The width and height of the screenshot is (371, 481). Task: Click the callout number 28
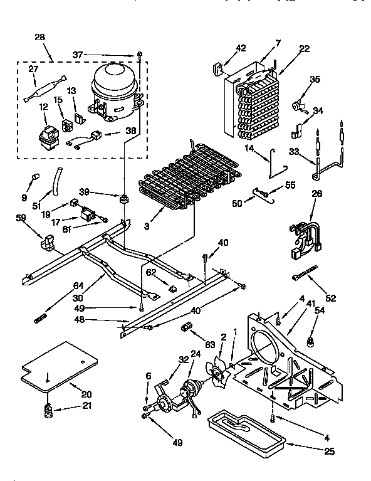[40, 38]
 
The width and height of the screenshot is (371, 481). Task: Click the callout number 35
[315, 79]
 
